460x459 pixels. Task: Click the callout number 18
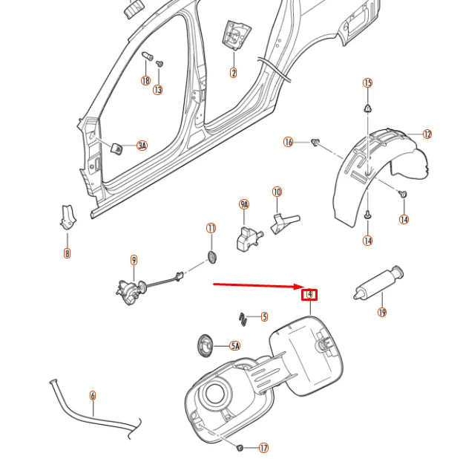pyautogui.click(x=145, y=81)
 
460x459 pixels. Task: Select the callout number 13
pyautogui.click(x=158, y=90)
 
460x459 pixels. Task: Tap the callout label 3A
pyautogui.click(x=141, y=146)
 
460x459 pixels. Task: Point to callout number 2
pyautogui.click(x=234, y=73)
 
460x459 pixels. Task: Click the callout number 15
pyautogui.click(x=367, y=83)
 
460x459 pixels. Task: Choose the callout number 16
pyautogui.click(x=289, y=142)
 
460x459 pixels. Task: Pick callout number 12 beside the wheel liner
pyautogui.click(x=427, y=134)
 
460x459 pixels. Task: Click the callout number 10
pyautogui.click(x=277, y=192)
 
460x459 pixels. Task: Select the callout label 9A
pyautogui.click(x=244, y=204)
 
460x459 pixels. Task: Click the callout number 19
pyautogui.click(x=382, y=313)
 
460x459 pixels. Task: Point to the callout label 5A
pyautogui.click(x=234, y=346)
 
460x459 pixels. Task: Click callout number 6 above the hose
pyautogui.click(x=93, y=396)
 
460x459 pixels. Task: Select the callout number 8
pyautogui.click(x=67, y=253)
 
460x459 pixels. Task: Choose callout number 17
pyautogui.click(x=263, y=448)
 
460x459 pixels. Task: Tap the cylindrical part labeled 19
pyautogui.click(x=377, y=283)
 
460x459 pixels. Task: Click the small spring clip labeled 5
pyautogui.click(x=243, y=317)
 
